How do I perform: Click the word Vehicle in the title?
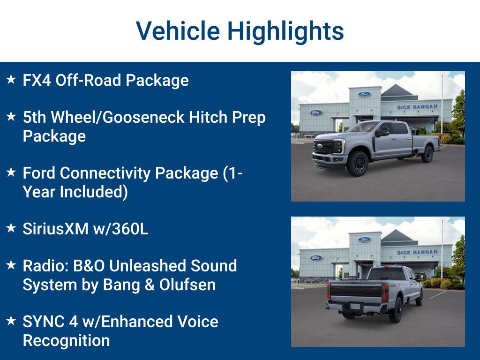coord(178,31)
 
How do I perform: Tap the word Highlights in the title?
coord(285,31)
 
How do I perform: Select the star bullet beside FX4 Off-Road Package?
coord(11,80)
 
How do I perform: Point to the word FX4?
coord(37,80)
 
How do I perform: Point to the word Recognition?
coord(66,340)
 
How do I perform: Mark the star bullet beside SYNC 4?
coord(11,322)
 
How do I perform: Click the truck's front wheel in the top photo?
coord(357,163)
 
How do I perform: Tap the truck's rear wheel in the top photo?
coord(427,154)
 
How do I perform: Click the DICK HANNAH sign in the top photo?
coord(417,107)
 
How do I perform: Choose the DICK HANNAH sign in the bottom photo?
coord(417,252)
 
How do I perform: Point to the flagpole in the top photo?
coord(442,103)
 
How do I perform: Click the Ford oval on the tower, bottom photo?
coord(364,239)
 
